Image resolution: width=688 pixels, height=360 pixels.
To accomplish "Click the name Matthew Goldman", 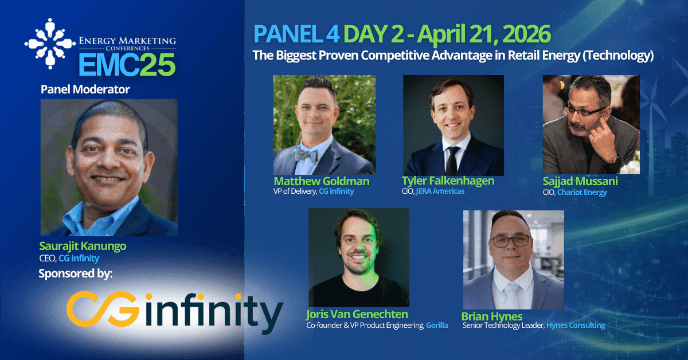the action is point(321,181).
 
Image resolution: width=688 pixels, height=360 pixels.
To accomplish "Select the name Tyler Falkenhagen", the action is point(448,181).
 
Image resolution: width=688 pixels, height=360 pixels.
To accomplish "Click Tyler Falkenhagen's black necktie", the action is point(452,161).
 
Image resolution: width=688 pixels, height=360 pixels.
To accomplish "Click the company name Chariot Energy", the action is point(582,192).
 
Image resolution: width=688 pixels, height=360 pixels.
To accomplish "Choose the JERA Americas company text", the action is point(440,191).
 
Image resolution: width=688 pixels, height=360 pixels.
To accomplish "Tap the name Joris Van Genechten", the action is point(357,314).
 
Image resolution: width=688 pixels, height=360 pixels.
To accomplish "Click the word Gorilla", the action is point(437,325).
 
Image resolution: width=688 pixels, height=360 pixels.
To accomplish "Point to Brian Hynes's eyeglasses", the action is point(510,241).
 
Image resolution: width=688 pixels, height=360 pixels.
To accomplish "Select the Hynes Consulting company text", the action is point(576,325).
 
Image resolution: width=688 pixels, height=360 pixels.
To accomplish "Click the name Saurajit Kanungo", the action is point(83,246).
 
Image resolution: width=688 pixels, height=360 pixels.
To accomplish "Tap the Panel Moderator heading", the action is point(85,89).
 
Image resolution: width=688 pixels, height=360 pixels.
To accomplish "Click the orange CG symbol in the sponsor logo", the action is point(102,309).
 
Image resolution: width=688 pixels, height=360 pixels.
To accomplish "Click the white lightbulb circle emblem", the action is point(50,44).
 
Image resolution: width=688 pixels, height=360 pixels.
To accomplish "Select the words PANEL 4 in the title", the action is point(296,34).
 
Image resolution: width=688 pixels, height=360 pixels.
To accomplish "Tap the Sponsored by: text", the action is point(76,273).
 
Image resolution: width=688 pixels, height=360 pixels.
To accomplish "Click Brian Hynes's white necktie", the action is point(511,294).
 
